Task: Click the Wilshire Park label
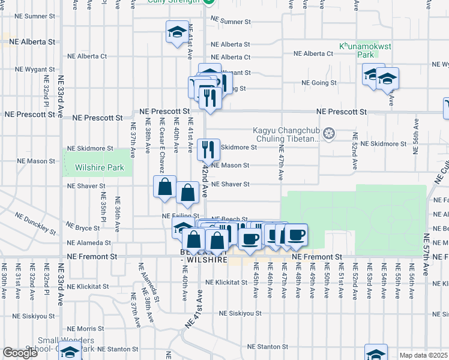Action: (x=99, y=168)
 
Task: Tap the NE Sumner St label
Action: (x=231, y=22)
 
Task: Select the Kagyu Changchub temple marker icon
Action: (x=328, y=133)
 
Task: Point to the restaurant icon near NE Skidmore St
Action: (x=208, y=148)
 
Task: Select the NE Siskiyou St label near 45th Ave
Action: (x=240, y=313)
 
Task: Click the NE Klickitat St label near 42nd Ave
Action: (x=226, y=282)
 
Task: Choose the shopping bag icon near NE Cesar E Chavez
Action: (x=164, y=187)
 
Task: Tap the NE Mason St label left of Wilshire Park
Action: (x=36, y=161)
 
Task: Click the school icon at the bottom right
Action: (x=376, y=353)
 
